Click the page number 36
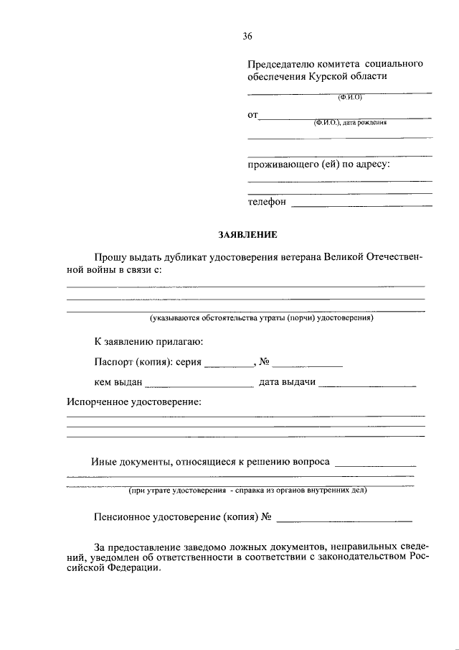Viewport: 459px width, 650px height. tap(247, 36)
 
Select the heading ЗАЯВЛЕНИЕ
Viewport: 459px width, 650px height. tap(247, 234)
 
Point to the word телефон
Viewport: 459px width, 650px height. tap(267, 203)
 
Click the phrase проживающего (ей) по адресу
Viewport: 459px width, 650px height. tap(318, 165)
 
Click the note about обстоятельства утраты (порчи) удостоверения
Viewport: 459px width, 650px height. tap(262, 317)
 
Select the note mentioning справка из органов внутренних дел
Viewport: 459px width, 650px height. tap(247, 491)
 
